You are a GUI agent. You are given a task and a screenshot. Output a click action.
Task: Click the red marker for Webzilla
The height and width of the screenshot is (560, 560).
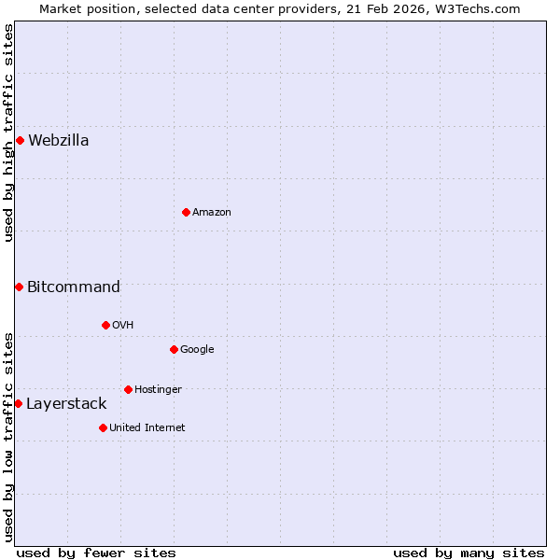(x=20, y=140)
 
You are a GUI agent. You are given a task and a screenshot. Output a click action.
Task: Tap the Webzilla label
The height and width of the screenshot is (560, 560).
(x=58, y=141)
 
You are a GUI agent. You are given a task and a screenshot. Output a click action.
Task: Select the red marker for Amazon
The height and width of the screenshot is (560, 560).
(x=186, y=212)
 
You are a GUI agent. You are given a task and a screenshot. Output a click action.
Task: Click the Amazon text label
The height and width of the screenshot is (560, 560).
(x=212, y=213)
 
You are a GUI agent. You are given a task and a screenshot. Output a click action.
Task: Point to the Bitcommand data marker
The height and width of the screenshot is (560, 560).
(x=19, y=287)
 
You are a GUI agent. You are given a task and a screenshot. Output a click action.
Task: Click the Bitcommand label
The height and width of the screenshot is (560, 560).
(x=73, y=287)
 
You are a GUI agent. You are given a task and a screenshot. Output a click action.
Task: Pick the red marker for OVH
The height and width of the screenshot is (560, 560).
(x=105, y=325)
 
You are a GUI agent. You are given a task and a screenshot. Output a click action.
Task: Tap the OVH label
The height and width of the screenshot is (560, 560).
(x=122, y=326)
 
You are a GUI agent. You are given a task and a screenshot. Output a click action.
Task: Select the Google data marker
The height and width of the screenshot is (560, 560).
(x=174, y=349)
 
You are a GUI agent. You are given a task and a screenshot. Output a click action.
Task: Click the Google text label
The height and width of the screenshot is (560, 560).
(x=197, y=350)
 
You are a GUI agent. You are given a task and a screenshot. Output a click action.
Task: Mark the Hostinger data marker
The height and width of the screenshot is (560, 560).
(x=128, y=389)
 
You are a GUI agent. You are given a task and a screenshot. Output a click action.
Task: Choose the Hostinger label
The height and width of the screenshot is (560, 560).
(x=158, y=390)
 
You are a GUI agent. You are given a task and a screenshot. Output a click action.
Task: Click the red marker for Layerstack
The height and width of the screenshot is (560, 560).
(x=18, y=403)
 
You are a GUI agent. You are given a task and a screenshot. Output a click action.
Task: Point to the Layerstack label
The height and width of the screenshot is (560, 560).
(x=66, y=404)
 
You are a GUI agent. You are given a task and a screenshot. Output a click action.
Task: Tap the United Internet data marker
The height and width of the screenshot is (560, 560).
(x=103, y=427)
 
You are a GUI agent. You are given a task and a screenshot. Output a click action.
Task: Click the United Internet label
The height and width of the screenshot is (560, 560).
(x=147, y=428)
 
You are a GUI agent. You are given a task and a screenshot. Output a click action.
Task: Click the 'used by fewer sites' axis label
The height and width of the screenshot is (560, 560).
(x=96, y=553)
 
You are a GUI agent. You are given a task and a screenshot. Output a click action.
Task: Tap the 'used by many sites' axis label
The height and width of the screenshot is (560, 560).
(x=469, y=553)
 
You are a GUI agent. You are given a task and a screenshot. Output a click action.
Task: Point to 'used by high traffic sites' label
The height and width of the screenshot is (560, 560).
(x=8, y=133)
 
